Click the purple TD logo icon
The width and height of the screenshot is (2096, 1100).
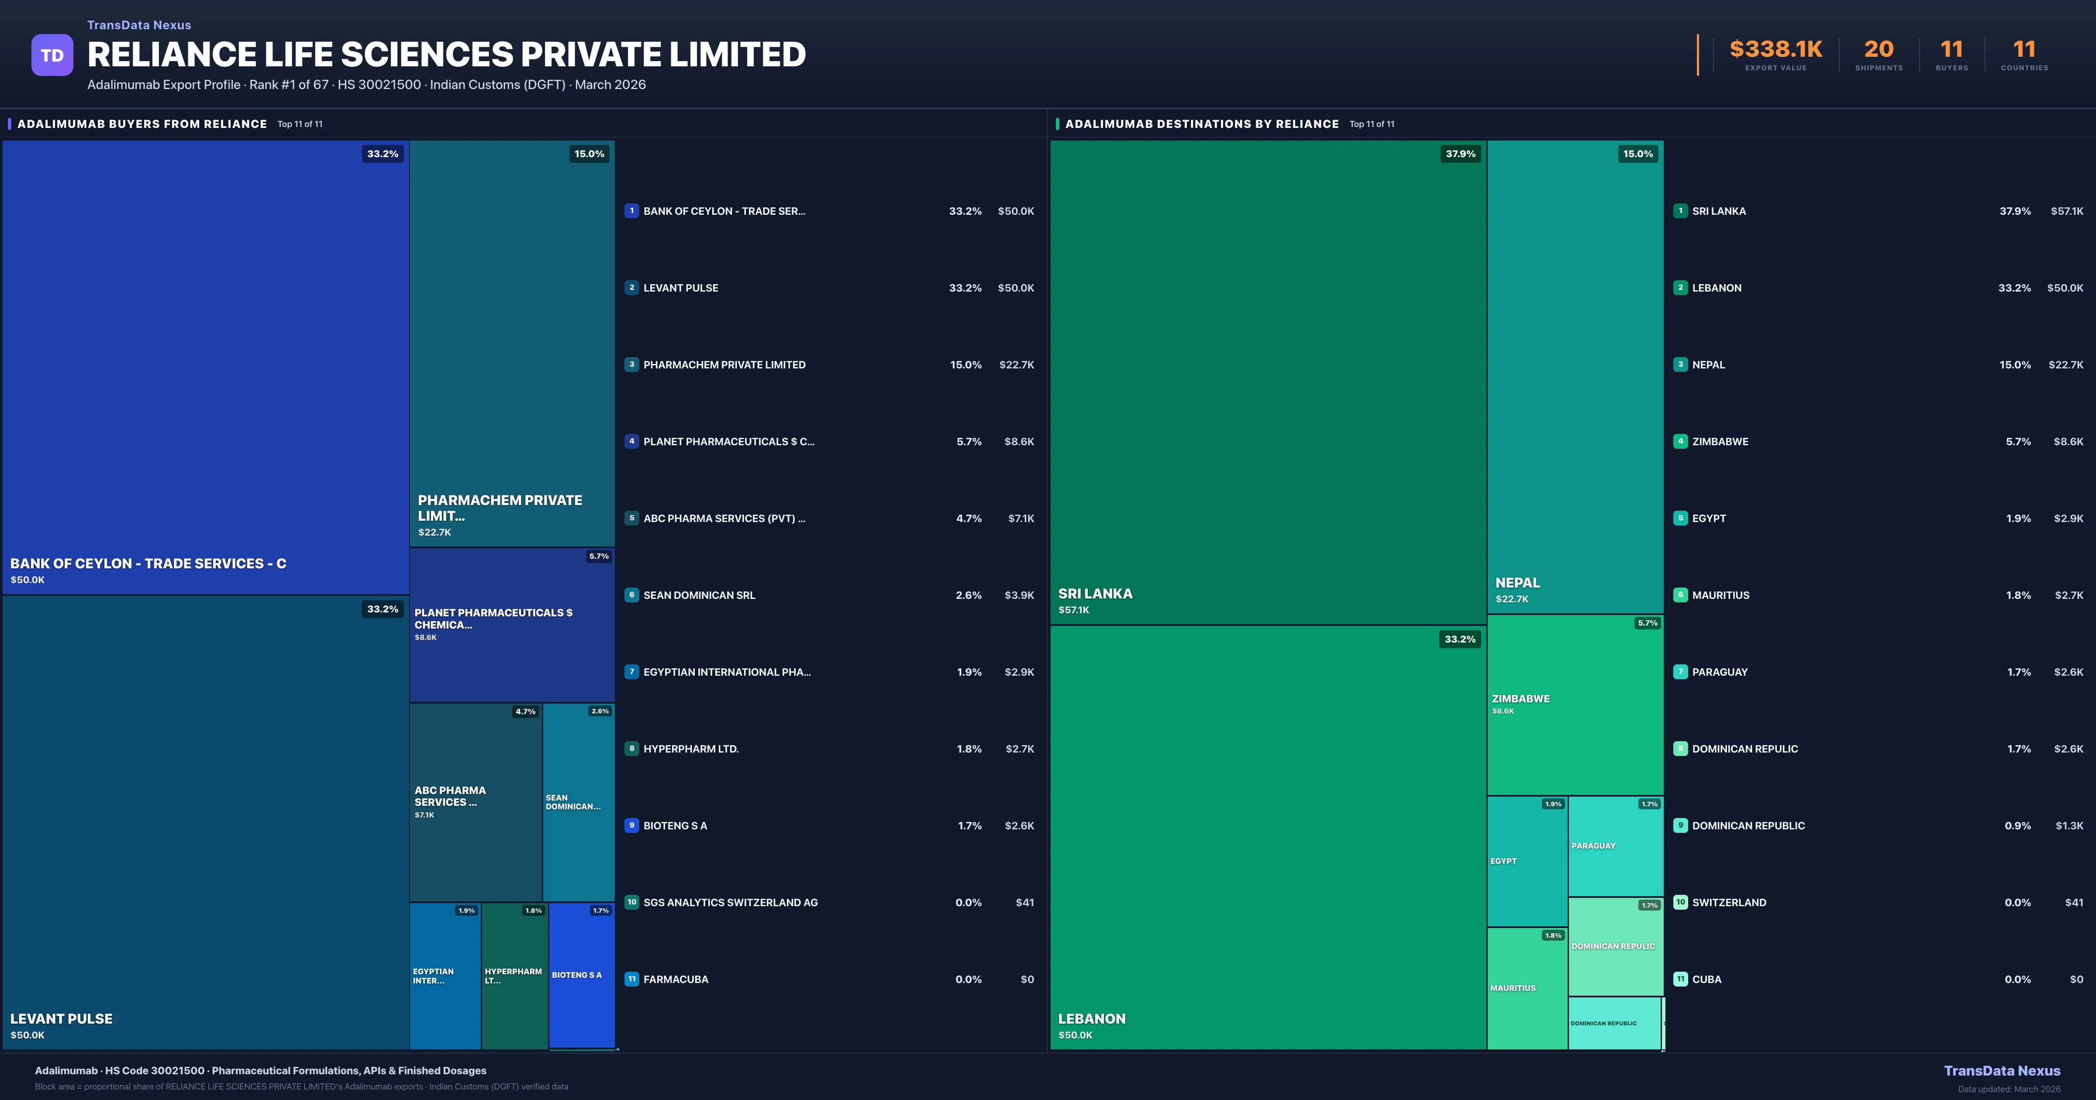[52, 55]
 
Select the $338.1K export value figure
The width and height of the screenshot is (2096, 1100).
[1775, 50]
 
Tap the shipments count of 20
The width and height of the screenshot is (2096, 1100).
[1878, 50]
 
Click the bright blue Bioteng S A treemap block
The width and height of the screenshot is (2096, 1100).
[581, 975]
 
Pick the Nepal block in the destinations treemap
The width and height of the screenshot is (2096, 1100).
[1575, 374]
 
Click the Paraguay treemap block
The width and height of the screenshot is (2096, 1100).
[1615, 846]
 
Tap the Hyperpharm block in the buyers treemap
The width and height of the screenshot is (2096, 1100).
[514, 975]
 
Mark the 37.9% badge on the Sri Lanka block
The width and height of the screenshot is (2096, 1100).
[1460, 154]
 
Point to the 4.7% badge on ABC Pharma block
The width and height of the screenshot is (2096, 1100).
[525, 712]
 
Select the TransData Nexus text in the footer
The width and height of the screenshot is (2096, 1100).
[2002, 1071]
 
